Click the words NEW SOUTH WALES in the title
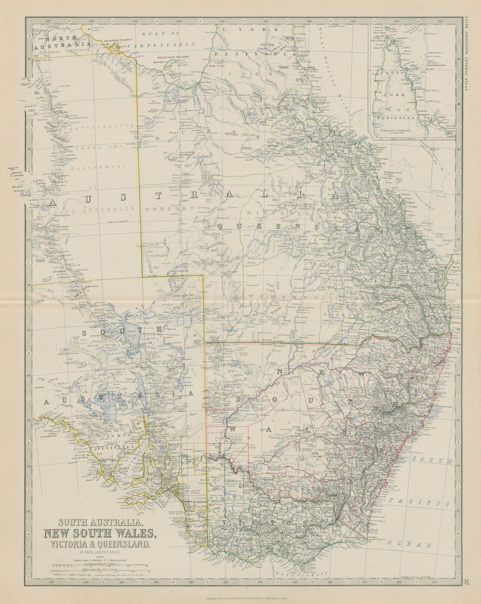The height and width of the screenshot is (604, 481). click(100, 533)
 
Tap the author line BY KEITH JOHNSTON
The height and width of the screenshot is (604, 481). click(100, 553)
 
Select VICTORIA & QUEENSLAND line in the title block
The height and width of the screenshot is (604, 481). click(100, 544)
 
